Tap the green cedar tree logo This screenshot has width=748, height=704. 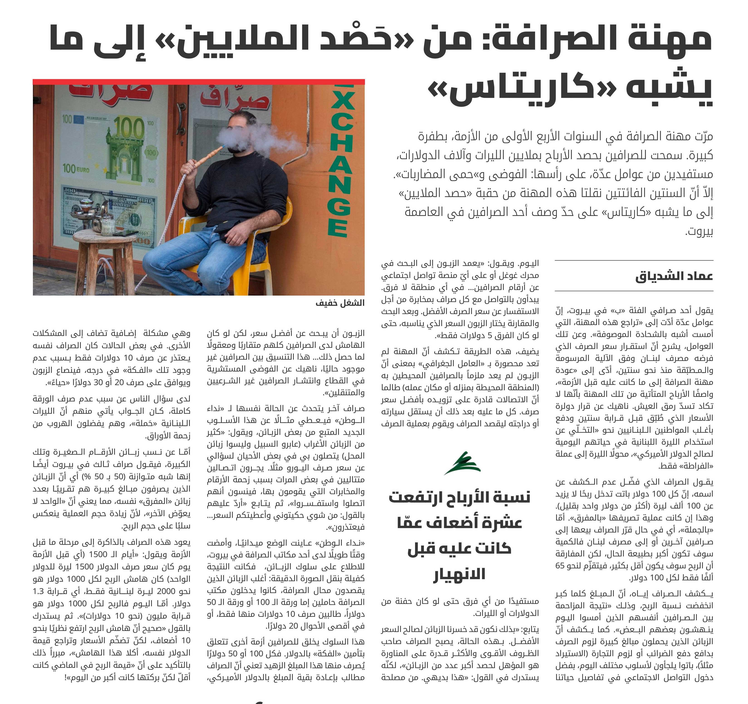pyautogui.click(x=463, y=464)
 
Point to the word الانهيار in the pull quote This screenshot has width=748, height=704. pyautogui.click(x=460, y=574)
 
